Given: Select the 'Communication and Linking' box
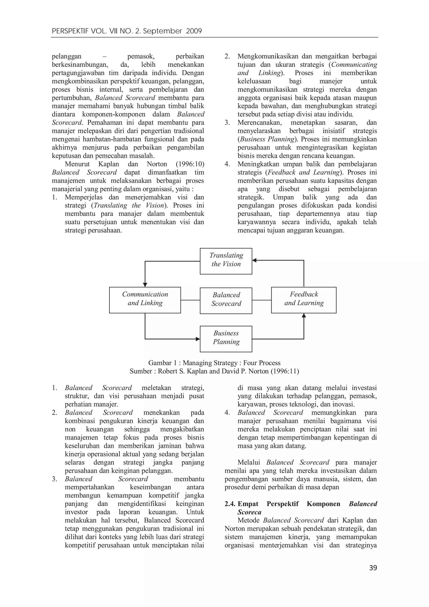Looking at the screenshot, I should pyautogui.click(x=145, y=300).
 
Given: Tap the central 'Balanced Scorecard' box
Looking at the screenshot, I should pyautogui.click(x=226, y=301).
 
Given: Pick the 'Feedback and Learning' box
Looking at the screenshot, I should pyautogui.click(x=304, y=300).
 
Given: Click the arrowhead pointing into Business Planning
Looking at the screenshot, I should pyautogui.click(x=198, y=339).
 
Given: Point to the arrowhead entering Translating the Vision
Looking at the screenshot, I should pyautogui.click(x=254, y=260).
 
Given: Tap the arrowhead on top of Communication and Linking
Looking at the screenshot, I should pyautogui.click(x=145, y=285).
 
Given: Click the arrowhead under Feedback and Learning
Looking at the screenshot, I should pyautogui.click(x=304, y=315).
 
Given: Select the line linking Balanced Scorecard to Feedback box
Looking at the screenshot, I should pyautogui.click(x=261, y=300).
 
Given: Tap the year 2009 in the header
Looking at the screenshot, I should pyautogui.click(x=194, y=31).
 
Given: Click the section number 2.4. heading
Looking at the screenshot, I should pyautogui.click(x=230, y=504).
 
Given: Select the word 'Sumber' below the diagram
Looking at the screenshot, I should pyautogui.click(x=140, y=371).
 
